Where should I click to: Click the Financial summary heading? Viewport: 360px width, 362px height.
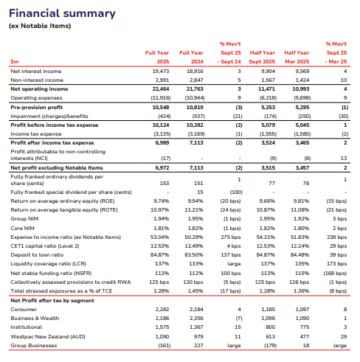tap(59, 13)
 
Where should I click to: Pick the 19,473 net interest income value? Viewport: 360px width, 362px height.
tap(160, 72)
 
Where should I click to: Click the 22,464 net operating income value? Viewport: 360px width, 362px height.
tap(159, 88)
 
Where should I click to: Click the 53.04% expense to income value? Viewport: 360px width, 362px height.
tap(160, 237)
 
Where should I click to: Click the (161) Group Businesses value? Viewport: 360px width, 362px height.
tap(162, 344)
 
